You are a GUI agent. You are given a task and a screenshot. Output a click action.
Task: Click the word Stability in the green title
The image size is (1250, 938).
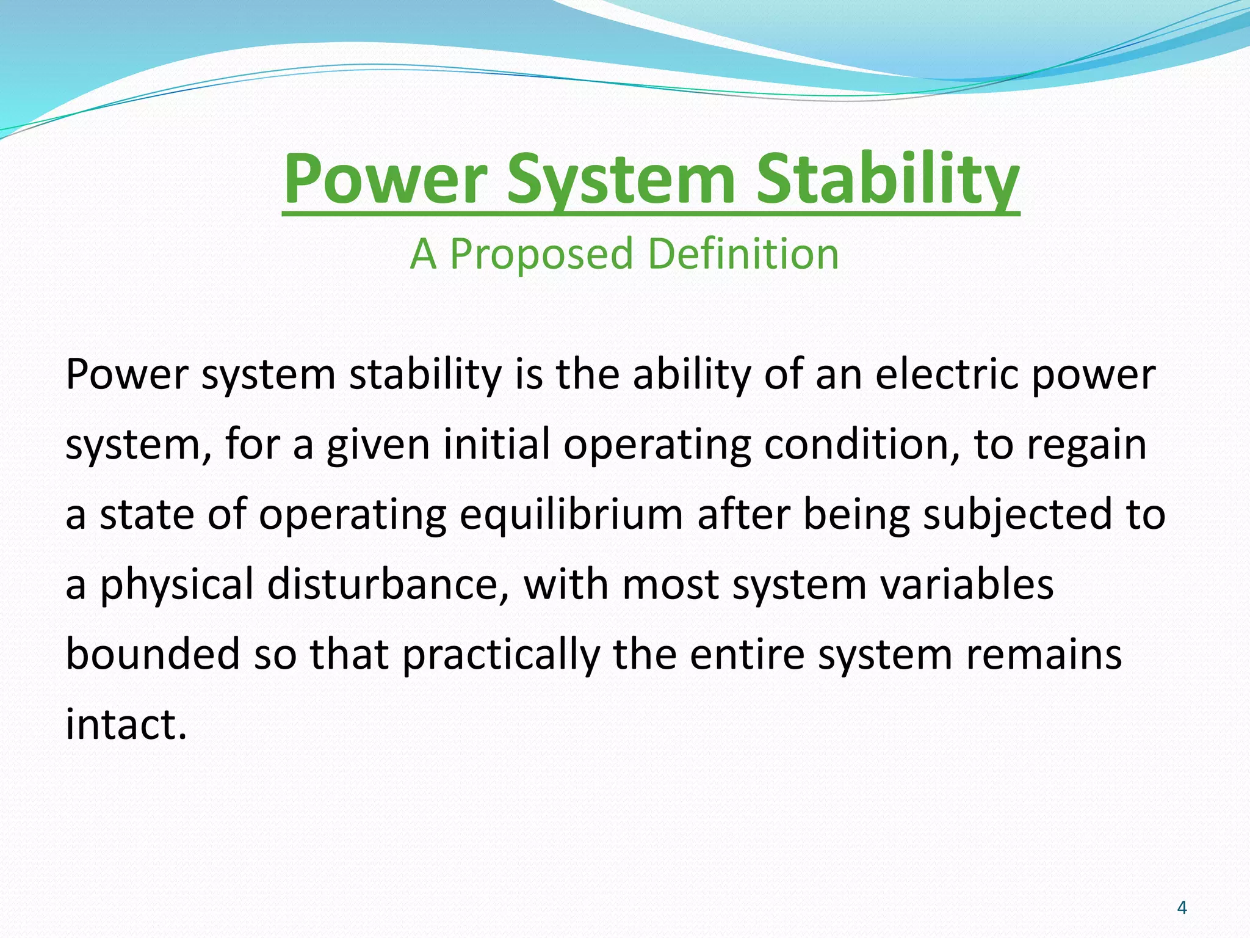[887, 181]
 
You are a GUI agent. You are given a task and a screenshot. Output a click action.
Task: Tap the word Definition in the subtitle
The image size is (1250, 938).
[743, 253]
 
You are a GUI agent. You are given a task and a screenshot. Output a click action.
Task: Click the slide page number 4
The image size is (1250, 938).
[1182, 908]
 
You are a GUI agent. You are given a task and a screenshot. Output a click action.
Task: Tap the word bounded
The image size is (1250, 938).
[153, 653]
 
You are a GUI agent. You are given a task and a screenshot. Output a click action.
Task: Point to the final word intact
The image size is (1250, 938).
[125, 724]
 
